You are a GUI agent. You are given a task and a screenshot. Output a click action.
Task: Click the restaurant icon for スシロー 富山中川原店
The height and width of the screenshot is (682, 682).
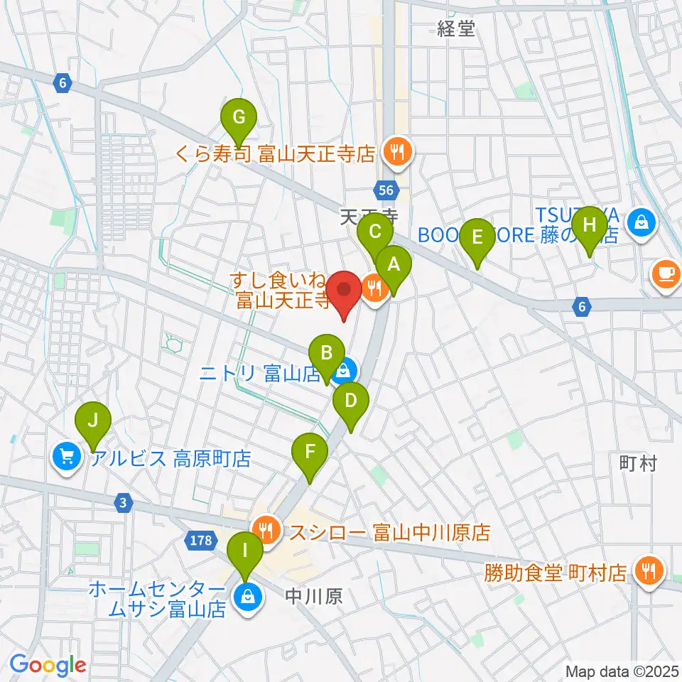coord(268,530)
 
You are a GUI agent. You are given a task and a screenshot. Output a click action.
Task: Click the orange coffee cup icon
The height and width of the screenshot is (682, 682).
coord(666,274)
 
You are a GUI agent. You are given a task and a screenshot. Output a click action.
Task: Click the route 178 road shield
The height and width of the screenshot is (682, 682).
coord(201,541)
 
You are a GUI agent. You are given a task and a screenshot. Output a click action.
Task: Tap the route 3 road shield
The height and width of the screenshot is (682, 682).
coord(124,503)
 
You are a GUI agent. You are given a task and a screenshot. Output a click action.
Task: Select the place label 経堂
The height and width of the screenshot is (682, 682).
coord(455,28)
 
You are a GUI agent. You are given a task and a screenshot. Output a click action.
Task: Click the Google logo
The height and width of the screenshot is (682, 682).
coord(48,665)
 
